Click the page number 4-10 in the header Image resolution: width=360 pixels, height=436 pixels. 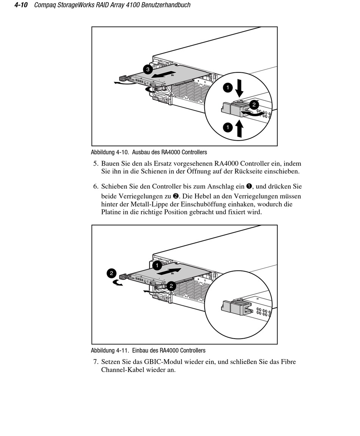(22, 5)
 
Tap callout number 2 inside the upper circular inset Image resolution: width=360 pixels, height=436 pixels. (254, 104)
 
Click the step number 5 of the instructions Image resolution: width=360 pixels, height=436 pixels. (95, 164)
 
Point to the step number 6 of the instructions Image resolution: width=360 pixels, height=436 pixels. (95, 186)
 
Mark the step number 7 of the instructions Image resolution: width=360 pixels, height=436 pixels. (95, 362)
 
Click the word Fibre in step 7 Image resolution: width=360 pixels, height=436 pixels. (288, 362)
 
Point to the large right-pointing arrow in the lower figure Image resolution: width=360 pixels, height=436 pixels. (172, 270)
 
